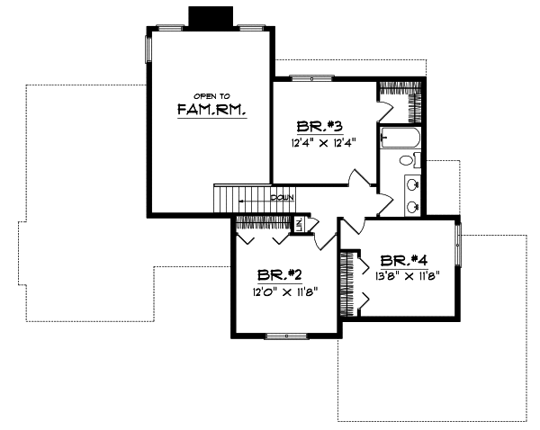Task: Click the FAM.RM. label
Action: click(x=211, y=111)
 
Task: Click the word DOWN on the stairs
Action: click(x=282, y=196)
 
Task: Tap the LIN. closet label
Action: click(x=301, y=224)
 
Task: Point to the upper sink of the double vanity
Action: click(x=412, y=185)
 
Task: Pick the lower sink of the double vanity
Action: click(x=412, y=206)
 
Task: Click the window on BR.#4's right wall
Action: click(x=459, y=246)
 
